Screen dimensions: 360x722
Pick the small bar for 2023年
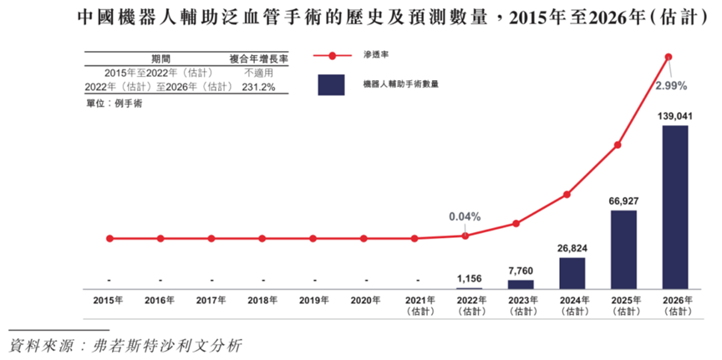coord(521,284)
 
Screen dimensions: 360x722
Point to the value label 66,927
coord(623,202)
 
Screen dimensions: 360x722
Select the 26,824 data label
coord(572,249)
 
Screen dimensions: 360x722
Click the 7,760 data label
coord(521,271)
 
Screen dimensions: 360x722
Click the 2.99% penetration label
coord(671,86)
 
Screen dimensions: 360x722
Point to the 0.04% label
coord(465,216)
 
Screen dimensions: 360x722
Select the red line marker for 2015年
coord(109,238)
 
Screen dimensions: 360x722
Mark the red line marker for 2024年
coord(567,195)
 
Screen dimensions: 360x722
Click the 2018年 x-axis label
coord(262,300)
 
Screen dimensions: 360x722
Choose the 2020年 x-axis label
coord(365,300)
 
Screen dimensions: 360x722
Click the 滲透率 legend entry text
coord(376,55)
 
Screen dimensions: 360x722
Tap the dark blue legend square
coord(331,84)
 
